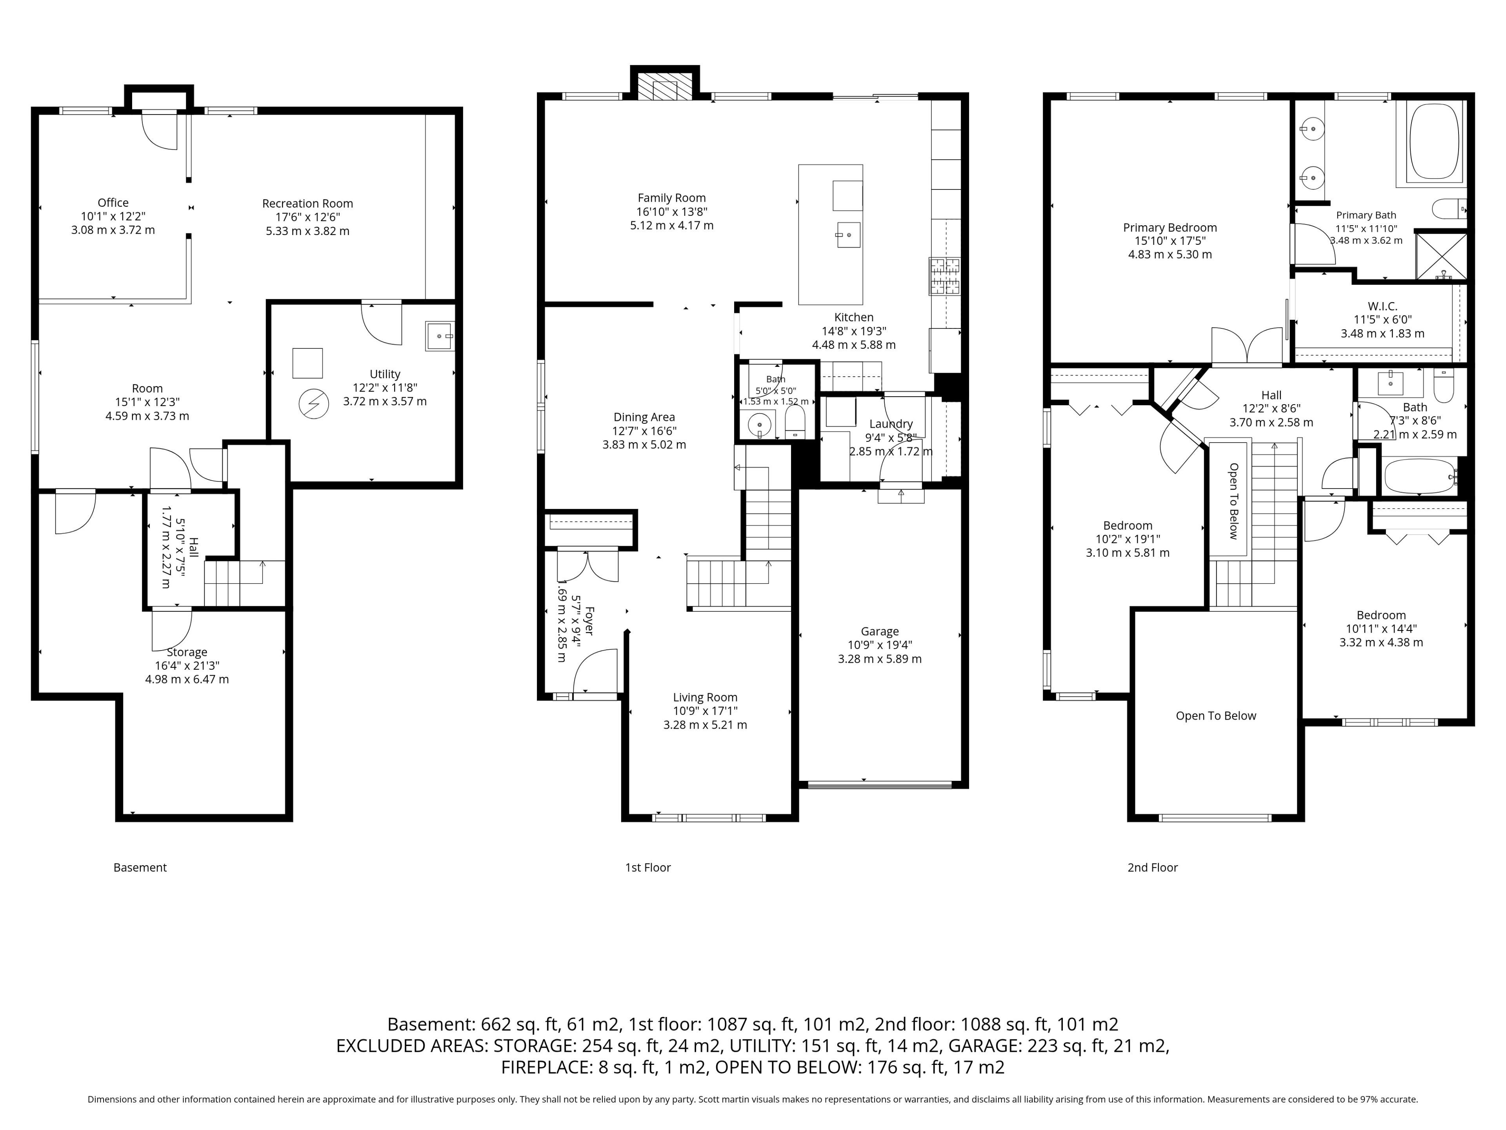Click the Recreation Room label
(308, 204)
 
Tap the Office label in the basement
(113, 203)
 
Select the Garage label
(880, 631)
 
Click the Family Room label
(672, 198)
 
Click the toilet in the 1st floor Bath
(795, 422)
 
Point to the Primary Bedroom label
(1170, 228)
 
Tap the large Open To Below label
(1216, 716)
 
